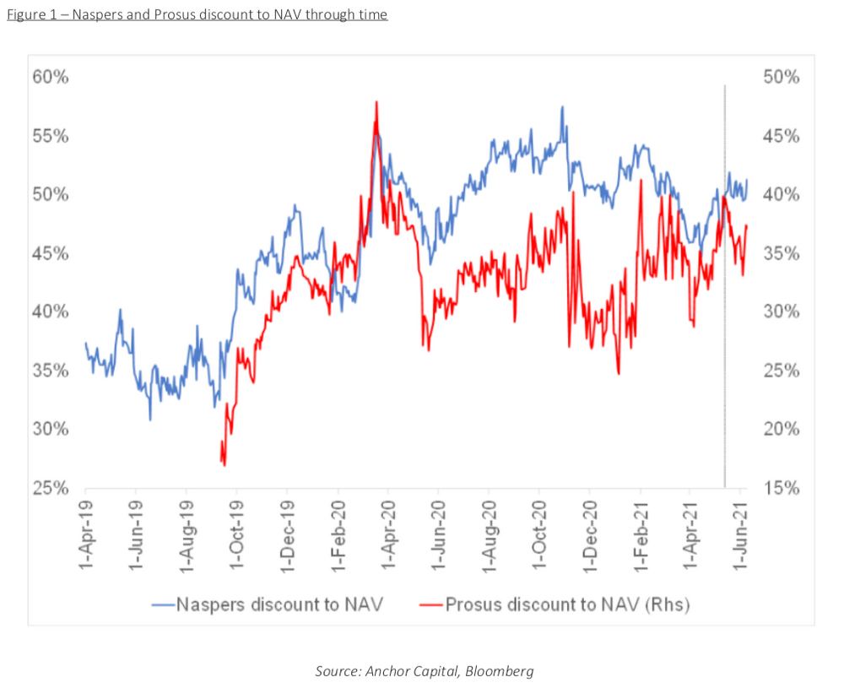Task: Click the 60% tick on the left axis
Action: tap(52, 78)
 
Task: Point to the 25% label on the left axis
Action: tap(52, 488)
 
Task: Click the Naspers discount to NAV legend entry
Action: tap(268, 604)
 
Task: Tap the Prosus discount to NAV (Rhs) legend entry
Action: tap(555, 604)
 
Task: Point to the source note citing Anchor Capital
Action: tap(425, 671)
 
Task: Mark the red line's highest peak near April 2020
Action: tap(376, 102)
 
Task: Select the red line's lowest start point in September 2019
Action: tap(224, 464)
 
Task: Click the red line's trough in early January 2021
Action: tap(619, 373)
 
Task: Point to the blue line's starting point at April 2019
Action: tap(85, 343)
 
